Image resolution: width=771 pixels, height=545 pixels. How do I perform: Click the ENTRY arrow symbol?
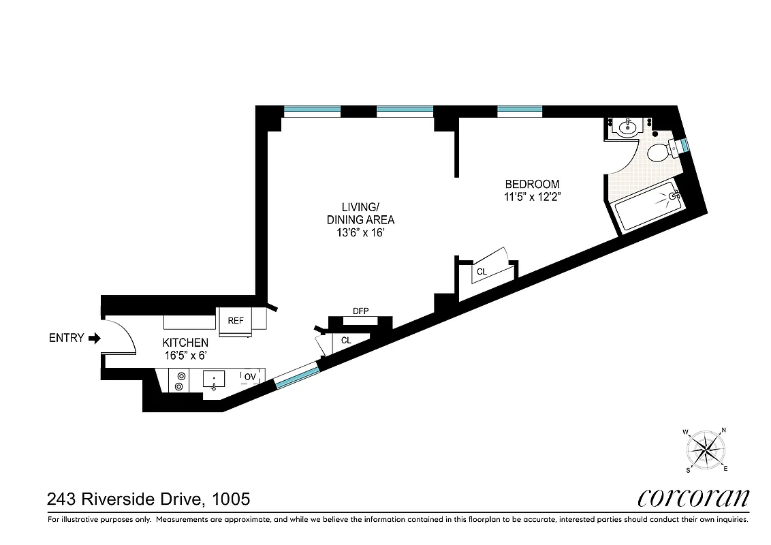[x=95, y=338]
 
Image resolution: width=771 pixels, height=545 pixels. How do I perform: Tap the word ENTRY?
[x=66, y=338]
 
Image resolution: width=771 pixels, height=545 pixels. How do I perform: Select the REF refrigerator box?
[x=236, y=320]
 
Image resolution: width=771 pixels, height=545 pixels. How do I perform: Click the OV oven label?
[x=250, y=375]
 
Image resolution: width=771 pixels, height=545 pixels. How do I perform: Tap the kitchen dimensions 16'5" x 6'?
[x=185, y=355]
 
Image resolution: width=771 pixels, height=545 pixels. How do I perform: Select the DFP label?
[x=360, y=311]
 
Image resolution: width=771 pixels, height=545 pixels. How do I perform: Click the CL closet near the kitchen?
[x=346, y=340]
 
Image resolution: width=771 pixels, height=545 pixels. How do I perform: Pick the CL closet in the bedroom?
[x=482, y=272]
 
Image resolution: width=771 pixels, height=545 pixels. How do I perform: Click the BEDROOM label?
[x=532, y=184]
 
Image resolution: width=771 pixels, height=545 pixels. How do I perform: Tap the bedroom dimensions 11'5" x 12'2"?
[x=532, y=196]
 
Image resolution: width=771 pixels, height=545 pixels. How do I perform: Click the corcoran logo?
[x=694, y=498]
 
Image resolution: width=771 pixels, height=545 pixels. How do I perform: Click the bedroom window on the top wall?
[x=520, y=110]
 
